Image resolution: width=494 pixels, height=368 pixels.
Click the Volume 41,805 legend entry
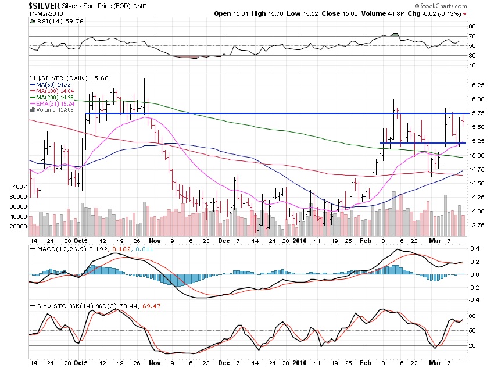tap(53, 110)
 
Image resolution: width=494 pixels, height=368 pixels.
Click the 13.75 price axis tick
tap(477, 225)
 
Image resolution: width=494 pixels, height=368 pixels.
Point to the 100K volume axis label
tap(20, 187)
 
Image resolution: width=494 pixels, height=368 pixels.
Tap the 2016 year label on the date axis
tap(300, 240)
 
